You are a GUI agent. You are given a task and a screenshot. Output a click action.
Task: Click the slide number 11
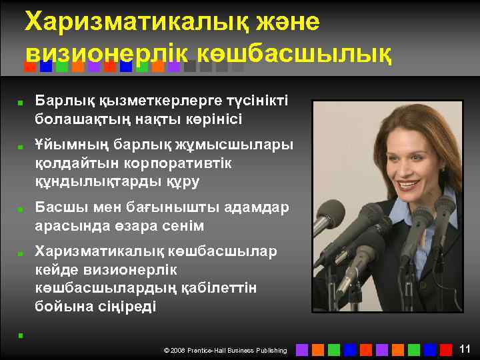click(x=465, y=349)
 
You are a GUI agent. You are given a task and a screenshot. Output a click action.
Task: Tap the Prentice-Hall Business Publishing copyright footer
click(x=225, y=350)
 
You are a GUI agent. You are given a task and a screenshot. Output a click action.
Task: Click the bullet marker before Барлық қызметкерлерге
click(x=21, y=104)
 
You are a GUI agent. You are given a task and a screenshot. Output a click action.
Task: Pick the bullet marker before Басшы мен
click(x=21, y=209)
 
